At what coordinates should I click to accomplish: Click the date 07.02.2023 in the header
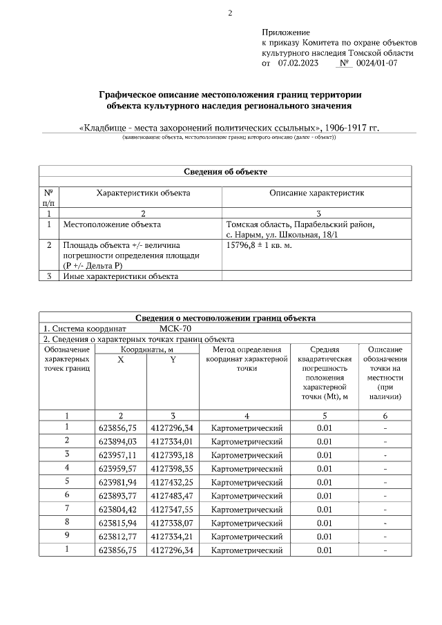tap(298, 63)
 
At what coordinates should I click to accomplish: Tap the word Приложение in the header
tap(286, 32)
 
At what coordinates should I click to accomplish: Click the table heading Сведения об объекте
tap(225, 171)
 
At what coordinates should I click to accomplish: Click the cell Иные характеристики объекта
tap(120, 276)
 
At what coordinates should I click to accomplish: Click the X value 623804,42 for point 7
tap(120, 509)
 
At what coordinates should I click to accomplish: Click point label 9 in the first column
tap(67, 536)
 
